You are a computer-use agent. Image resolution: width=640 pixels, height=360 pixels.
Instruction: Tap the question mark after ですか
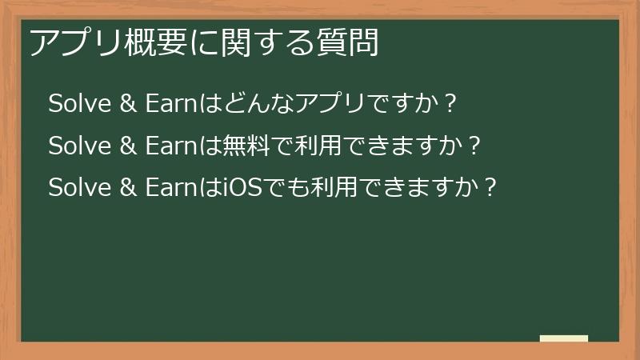450,104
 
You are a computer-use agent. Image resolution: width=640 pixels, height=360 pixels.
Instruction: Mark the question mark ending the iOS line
491,189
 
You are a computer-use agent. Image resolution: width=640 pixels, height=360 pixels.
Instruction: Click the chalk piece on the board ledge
564,338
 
